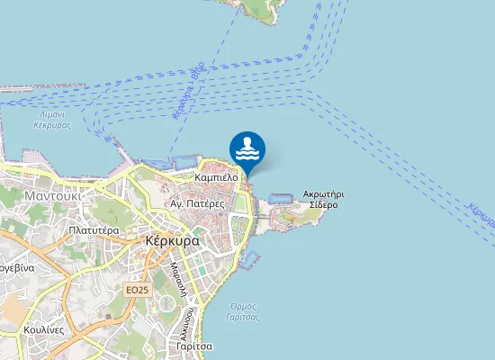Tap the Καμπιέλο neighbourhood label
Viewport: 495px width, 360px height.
pyautogui.click(x=216, y=177)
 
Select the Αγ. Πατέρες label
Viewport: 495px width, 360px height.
pyautogui.click(x=197, y=204)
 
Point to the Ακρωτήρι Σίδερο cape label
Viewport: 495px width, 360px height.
pyautogui.click(x=324, y=199)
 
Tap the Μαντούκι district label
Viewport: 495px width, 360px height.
pyautogui.click(x=53, y=194)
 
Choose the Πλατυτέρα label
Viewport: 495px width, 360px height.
pyautogui.click(x=94, y=230)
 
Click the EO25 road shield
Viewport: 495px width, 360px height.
pyautogui.click(x=137, y=290)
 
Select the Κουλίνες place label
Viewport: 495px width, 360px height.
pyautogui.click(x=43, y=329)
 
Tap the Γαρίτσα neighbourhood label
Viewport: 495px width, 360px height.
pyautogui.click(x=193, y=346)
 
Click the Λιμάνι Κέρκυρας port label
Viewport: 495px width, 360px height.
pyautogui.click(x=55, y=119)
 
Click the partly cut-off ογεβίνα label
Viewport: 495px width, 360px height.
pyautogui.click(x=16, y=268)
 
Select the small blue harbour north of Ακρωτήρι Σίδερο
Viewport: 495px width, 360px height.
pyautogui.click(x=278, y=197)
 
